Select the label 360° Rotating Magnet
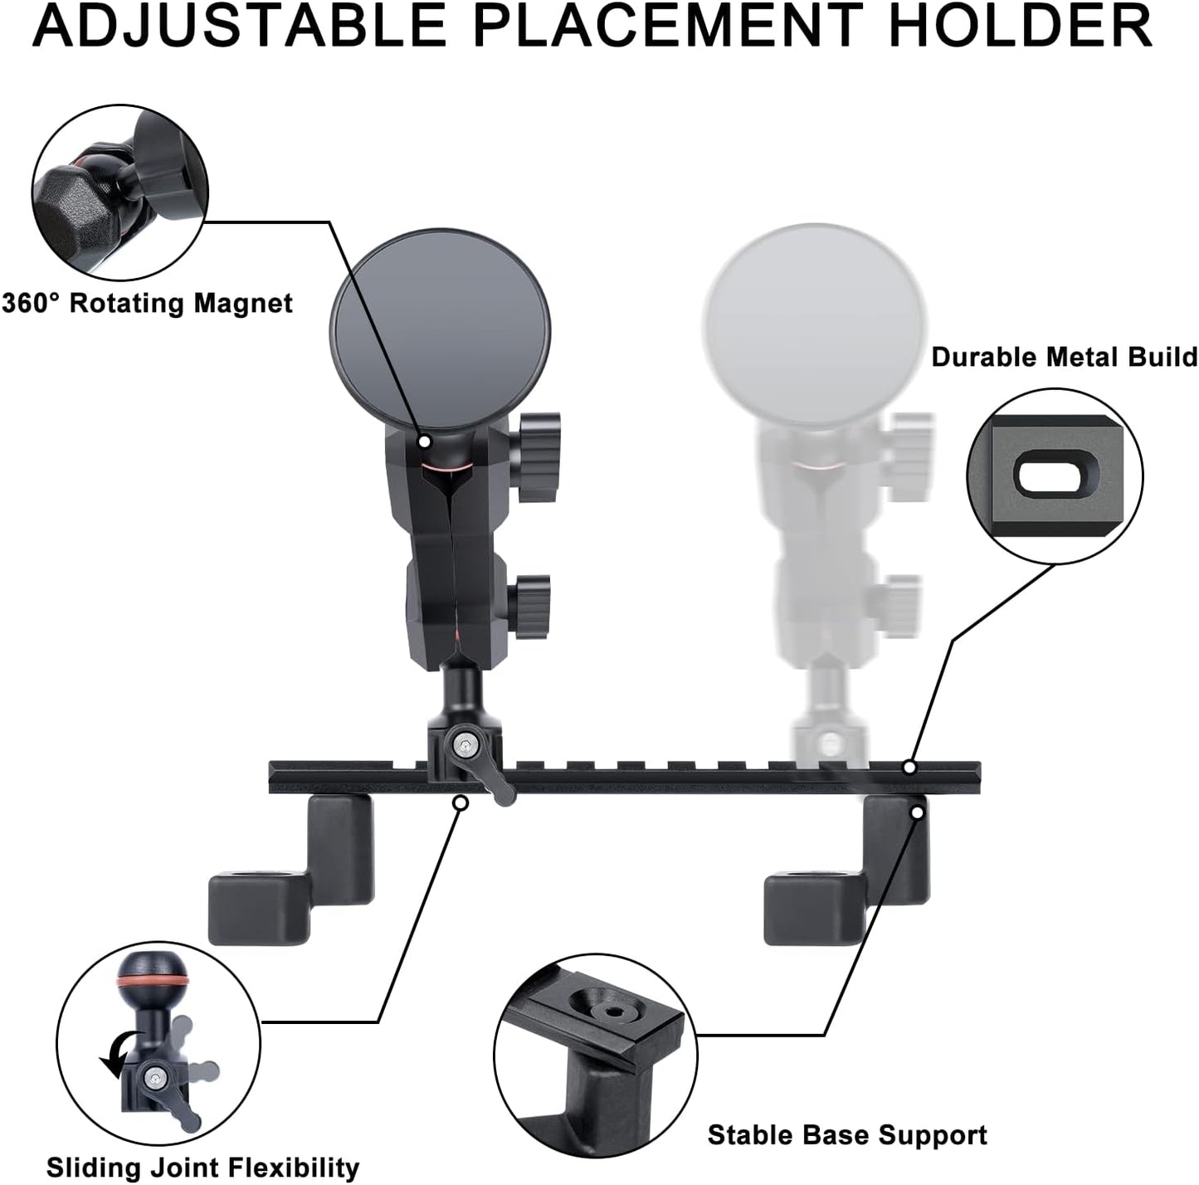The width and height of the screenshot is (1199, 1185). pos(147,303)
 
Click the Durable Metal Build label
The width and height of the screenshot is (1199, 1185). pos(1065,357)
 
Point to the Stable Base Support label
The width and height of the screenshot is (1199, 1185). pos(847,1134)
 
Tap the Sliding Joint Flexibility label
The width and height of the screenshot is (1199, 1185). pos(202,1167)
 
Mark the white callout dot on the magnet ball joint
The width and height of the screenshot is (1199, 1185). pos(425,441)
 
